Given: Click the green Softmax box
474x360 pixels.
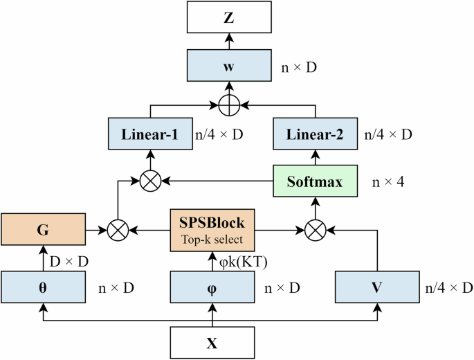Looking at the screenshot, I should tap(316, 181).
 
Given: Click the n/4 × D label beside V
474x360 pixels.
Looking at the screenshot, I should tap(447, 285).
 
